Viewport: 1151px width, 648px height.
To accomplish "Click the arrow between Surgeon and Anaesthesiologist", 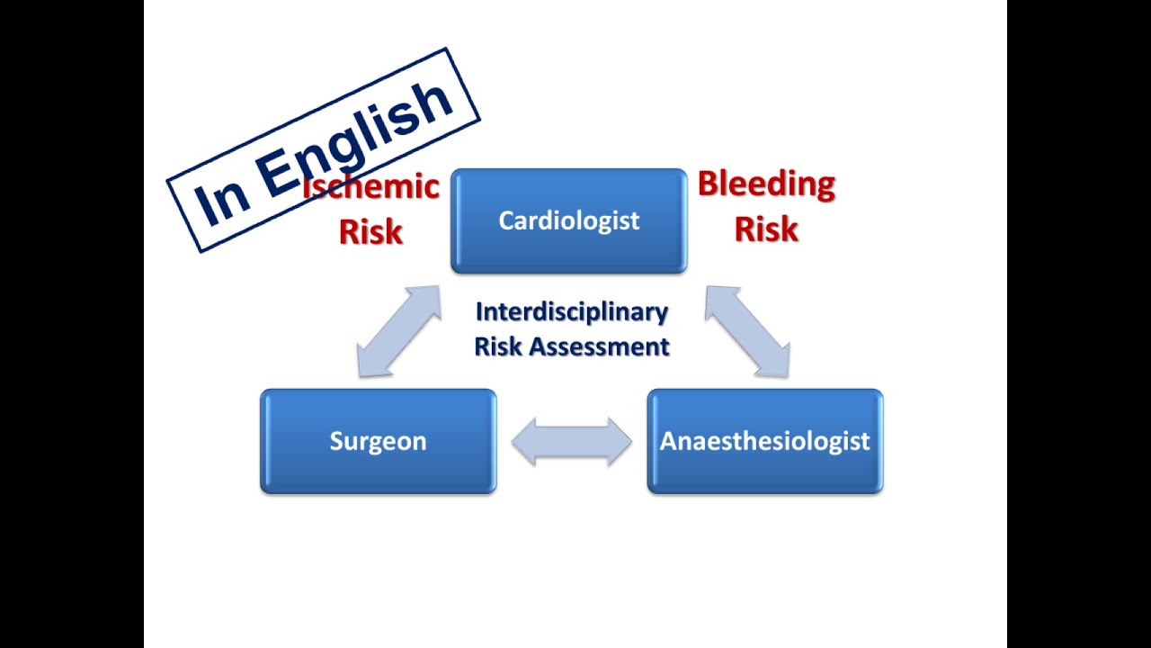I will (x=572, y=441).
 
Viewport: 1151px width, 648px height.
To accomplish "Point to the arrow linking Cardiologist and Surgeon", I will (x=399, y=331).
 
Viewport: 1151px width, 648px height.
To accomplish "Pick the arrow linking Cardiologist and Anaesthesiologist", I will (x=747, y=331).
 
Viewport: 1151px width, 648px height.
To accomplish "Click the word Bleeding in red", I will (x=766, y=184).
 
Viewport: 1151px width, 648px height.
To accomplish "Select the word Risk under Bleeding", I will (x=766, y=229).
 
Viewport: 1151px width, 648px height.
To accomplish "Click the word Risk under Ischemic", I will (x=370, y=231).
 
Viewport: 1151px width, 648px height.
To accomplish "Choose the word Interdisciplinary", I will (x=572, y=312).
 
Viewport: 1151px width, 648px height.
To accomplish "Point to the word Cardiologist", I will (x=568, y=220).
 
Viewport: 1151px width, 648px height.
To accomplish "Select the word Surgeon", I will (x=378, y=441).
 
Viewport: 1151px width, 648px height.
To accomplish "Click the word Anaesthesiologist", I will (x=764, y=441).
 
